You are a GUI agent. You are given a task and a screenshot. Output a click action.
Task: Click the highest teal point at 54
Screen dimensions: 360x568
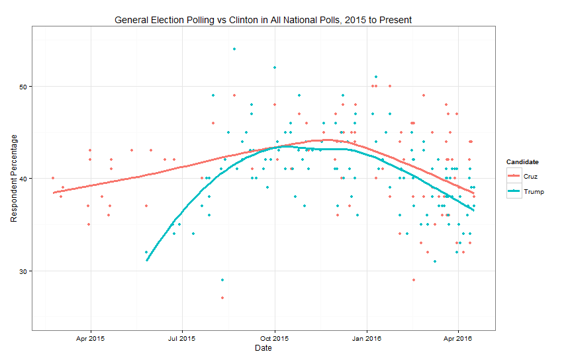(x=234, y=49)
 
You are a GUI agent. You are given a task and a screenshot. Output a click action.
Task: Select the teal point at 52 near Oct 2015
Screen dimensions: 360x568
(x=274, y=67)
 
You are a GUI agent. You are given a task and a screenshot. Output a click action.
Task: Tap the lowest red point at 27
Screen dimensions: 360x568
(x=222, y=298)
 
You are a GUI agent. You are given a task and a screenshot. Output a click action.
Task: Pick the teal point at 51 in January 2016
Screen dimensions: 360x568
(x=376, y=77)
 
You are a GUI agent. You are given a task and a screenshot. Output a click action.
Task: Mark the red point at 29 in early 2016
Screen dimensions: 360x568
(x=414, y=280)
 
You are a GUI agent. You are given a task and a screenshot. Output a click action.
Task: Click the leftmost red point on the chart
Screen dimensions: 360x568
(x=53, y=178)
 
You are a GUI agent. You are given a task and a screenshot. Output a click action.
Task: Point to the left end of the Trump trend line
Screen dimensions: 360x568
(x=147, y=260)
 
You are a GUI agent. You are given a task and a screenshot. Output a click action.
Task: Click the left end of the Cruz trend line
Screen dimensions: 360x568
(x=54, y=193)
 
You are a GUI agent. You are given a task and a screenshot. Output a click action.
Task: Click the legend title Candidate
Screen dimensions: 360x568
(x=522, y=161)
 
